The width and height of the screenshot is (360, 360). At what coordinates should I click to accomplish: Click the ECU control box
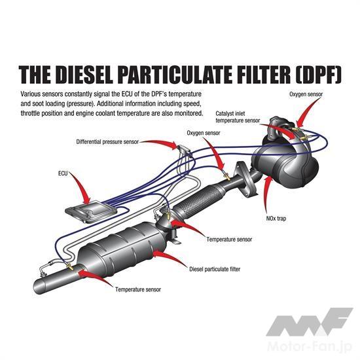point(91,211)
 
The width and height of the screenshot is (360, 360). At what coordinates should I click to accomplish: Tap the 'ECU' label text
point(63,173)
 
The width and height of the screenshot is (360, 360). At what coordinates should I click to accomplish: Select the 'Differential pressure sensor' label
point(107,142)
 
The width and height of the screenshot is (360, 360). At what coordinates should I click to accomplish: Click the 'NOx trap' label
point(276,219)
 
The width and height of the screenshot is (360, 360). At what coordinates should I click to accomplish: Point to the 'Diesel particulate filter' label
point(215,269)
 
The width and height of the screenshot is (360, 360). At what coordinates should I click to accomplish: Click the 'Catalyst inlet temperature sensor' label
point(238,117)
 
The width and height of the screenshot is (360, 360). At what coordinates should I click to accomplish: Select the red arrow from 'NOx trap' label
point(266,194)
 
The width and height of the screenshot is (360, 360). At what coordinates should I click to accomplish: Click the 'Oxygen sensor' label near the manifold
point(306,94)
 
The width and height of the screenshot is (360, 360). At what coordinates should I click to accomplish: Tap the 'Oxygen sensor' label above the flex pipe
point(204,133)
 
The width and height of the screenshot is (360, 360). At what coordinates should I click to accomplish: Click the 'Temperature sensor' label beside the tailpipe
point(138,289)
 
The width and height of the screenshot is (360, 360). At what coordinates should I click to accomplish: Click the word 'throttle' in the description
point(30,113)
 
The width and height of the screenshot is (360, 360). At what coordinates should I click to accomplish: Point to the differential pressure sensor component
point(183,149)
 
